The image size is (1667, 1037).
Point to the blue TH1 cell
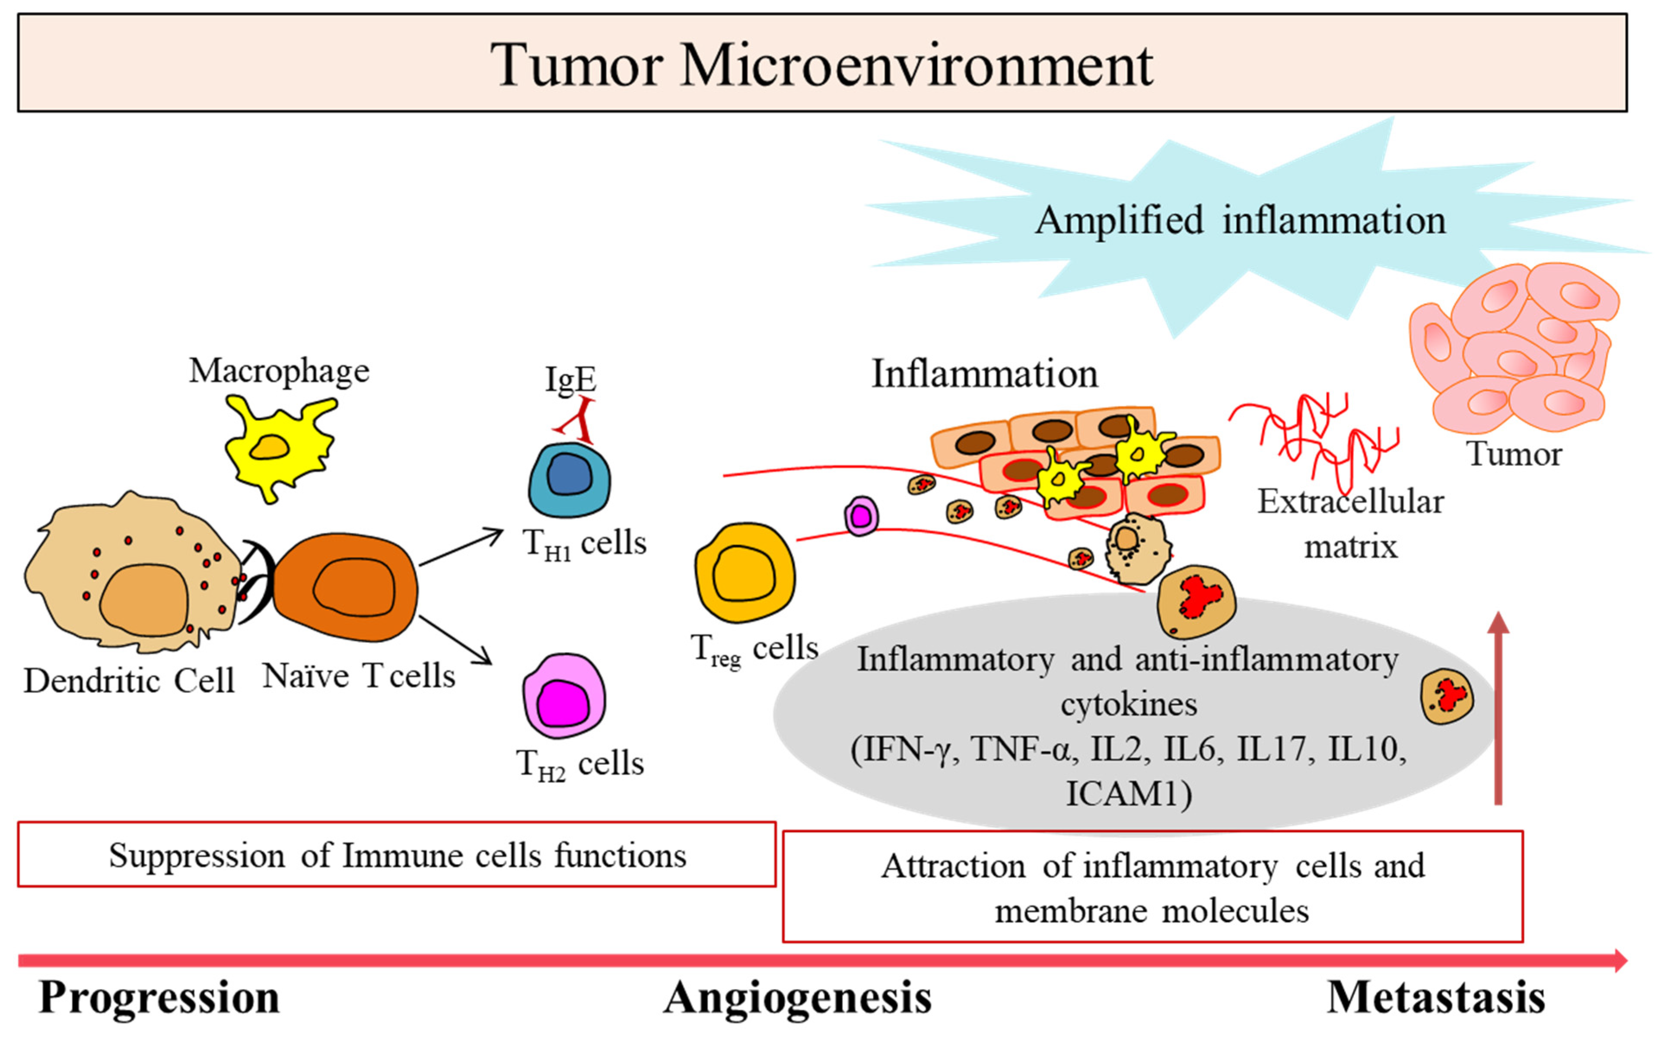[x=569, y=480]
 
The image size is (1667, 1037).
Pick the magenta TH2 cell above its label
[x=564, y=696]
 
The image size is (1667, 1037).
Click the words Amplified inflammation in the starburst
[x=1241, y=221]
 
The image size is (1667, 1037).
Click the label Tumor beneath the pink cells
[x=1514, y=454]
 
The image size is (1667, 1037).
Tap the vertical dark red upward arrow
[x=1498, y=708]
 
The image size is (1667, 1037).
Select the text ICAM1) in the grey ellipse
[x=1129, y=794]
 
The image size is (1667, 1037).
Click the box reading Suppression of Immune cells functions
[x=397, y=855]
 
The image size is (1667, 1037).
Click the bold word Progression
[x=159, y=998]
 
